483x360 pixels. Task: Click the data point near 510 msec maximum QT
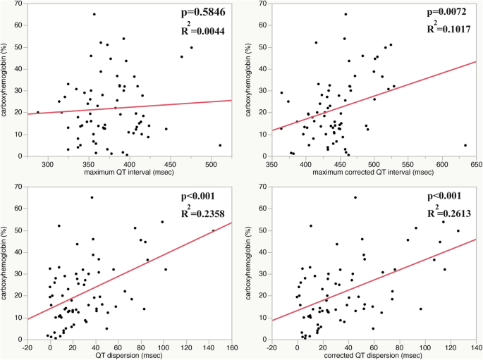(x=220, y=145)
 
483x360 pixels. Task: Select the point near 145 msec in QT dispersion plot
(x=214, y=230)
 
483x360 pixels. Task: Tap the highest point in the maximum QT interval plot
(x=94, y=14)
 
